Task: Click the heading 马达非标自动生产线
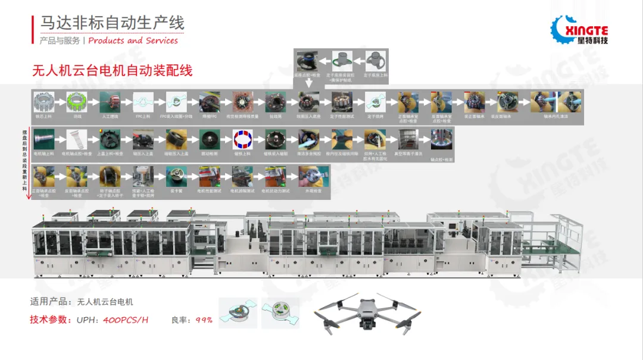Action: coord(112,23)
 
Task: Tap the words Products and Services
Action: coord(133,40)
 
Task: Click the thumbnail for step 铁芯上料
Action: coord(44,102)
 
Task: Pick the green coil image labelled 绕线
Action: coord(77,102)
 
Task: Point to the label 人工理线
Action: coord(110,117)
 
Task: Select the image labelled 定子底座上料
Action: coord(374,62)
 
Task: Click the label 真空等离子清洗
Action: coord(410,154)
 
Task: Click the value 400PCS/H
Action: coord(126,320)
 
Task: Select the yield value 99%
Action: coord(204,320)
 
